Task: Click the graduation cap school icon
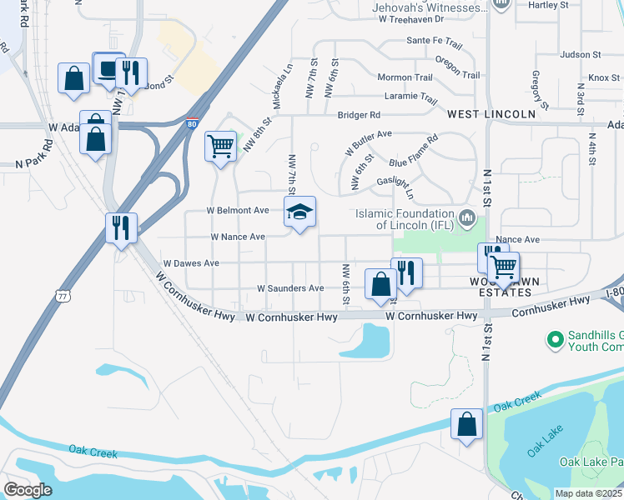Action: (x=300, y=212)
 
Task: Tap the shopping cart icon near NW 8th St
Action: (x=220, y=147)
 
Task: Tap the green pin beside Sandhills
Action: (x=553, y=339)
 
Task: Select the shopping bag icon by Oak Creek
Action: (x=466, y=423)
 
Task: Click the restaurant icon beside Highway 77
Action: (x=121, y=227)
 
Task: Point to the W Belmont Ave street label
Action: (x=239, y=210)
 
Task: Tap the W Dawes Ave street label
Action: (x=191, y=263)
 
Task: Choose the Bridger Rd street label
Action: (x=359, y=115)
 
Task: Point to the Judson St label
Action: (x=581, y=55)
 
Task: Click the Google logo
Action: (x=28, y=490)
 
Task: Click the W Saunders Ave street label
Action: (x=289, y=288)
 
